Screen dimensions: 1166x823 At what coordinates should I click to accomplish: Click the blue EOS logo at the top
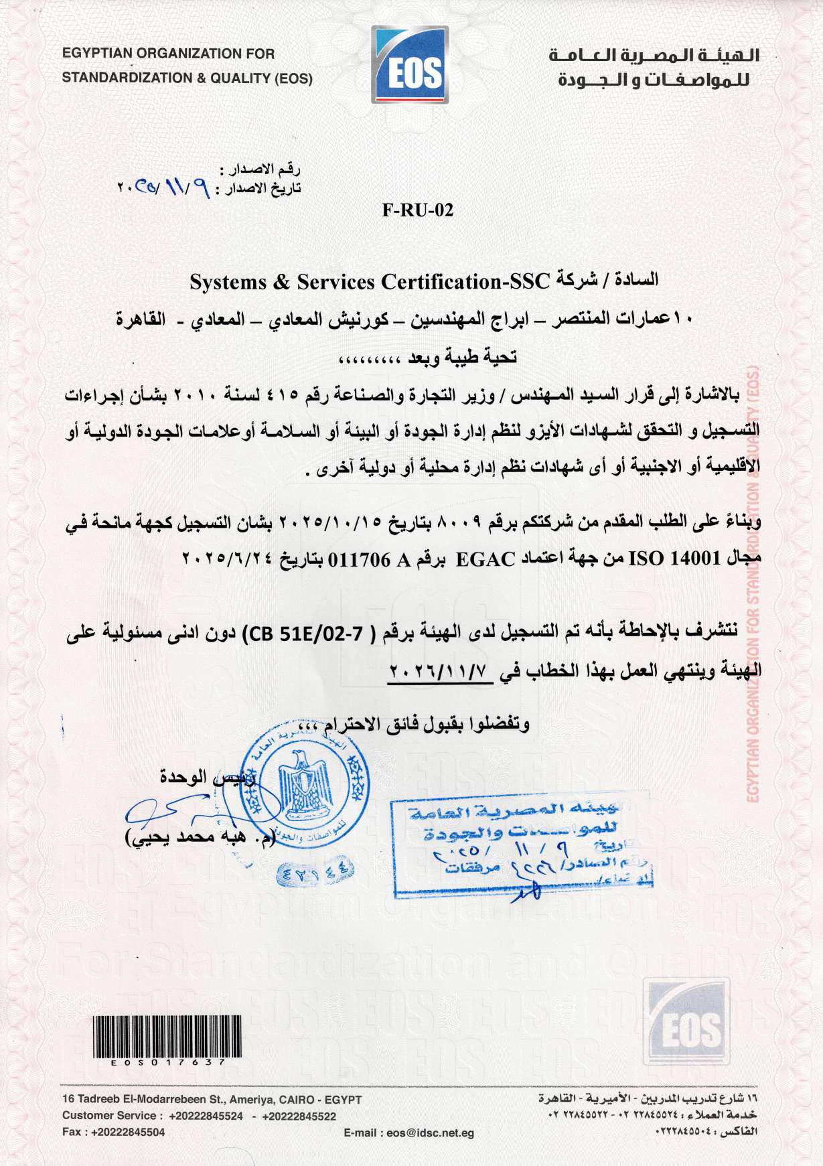(x=409, y=65)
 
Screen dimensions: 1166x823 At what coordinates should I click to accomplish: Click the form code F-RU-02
(x=418, y=210)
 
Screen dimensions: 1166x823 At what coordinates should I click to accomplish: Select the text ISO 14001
(x=674, y=557)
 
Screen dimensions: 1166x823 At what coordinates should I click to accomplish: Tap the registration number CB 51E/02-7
(x=305, y=633)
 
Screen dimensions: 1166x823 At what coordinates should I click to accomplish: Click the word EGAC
(x=485, y=559)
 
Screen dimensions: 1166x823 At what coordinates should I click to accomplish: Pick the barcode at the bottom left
(x=167, y=1037)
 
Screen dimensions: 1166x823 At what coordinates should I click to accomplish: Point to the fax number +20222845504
(x=128, y=1132)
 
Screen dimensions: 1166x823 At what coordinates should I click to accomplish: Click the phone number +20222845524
(x=206, y=1116)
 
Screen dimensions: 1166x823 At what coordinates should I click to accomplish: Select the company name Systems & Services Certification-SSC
(x=369, y=282)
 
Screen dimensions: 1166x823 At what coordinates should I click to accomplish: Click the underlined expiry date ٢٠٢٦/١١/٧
(x=440, y=670)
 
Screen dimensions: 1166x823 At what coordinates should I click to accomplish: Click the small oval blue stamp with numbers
(x=315, y=873)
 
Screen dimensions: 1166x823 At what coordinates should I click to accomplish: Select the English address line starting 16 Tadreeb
(x=212, y=1100)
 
